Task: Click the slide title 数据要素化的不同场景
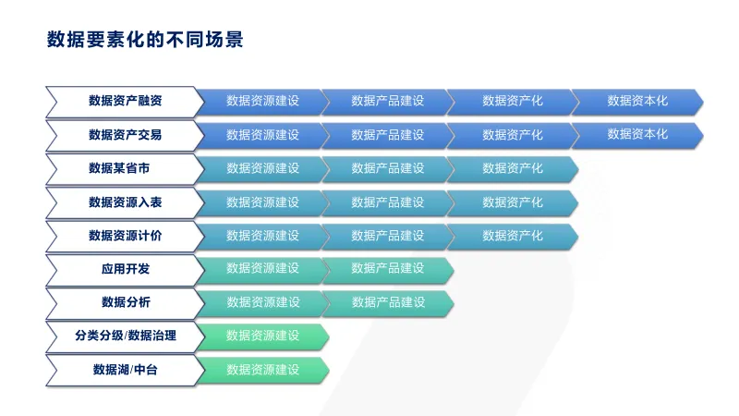point(145,40)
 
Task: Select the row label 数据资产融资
point(126,101)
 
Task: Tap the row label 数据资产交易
point(126,135)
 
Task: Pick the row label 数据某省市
point(119,168)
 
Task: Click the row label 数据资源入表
point(126,202)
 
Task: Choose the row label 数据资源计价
point(126,236)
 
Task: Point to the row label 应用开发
point(126,269)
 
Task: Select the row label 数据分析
point(126,302)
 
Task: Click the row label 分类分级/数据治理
point(126,336)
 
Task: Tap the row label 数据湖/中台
point(125,370)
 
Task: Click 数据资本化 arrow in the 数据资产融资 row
point(637,102)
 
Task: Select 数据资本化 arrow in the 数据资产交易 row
point(637,135)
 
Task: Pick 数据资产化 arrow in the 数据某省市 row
point(513,169)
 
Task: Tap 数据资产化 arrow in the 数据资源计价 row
point(513,237)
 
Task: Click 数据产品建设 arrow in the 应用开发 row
point(387,270)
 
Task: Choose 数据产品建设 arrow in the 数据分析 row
point(387,303)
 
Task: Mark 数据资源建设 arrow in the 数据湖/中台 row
point(262,371)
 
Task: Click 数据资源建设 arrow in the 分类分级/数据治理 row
point(262,336)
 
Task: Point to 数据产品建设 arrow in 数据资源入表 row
point(387,202)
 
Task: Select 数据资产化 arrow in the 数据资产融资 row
point(513,102)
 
